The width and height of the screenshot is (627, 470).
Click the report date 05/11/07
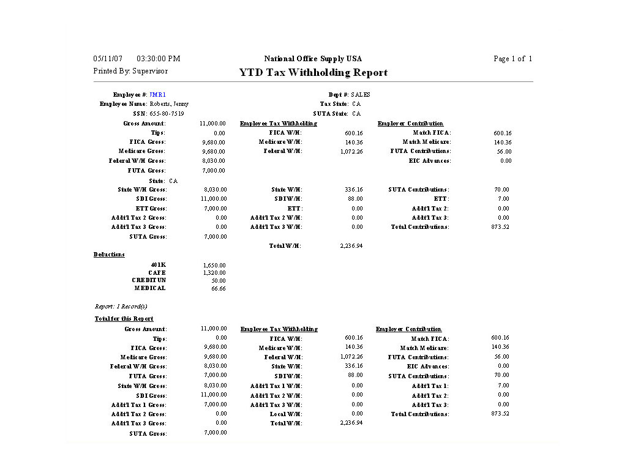pyautogui.click(x=105, y=59)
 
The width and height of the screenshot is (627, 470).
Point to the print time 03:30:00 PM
pyautogui.click(x=159, y=59)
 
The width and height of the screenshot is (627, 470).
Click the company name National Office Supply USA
pyautogui.click(x=313, y=59)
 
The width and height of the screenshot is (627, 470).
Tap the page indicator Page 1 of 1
pyautogui.click(x=512, y=59)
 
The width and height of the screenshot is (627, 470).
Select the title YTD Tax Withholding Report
pyautogui.click(x=313, y=73)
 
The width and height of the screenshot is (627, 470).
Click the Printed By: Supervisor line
pyautogui.click(x=130, y=71)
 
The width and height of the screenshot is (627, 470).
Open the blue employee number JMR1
pyautogui.click(x=157, y=95)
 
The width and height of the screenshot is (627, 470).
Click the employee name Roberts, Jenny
pyautogui.click(x=169, y=104)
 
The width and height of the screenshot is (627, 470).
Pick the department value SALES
pyautogui.click(x=361, y=95)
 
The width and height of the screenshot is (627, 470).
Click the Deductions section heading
pyautogui.click(x=109, y=255)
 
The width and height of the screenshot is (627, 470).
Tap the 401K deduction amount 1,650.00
pyautogui.click(x=214, y=266)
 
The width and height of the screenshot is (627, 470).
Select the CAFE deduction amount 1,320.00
pyautogui.click(x=214, y=273)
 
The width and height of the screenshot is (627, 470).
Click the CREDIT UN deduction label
pyautogui.click(x=149, y=280)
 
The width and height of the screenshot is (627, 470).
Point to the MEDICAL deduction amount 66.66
pyautogui.click(x=219, y=288)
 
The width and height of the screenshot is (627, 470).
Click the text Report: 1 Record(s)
pyautogui.click(x=121, y=307)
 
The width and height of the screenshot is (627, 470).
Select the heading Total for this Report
pyautogui.click(x=124, y=319)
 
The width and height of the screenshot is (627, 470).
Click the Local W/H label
pyautogui.click(x=286, y=414)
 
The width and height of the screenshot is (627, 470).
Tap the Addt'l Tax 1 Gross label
pyautogui.click(x=139, y=405)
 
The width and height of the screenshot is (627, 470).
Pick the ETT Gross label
pyautogui.click(x=151, y=209)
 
